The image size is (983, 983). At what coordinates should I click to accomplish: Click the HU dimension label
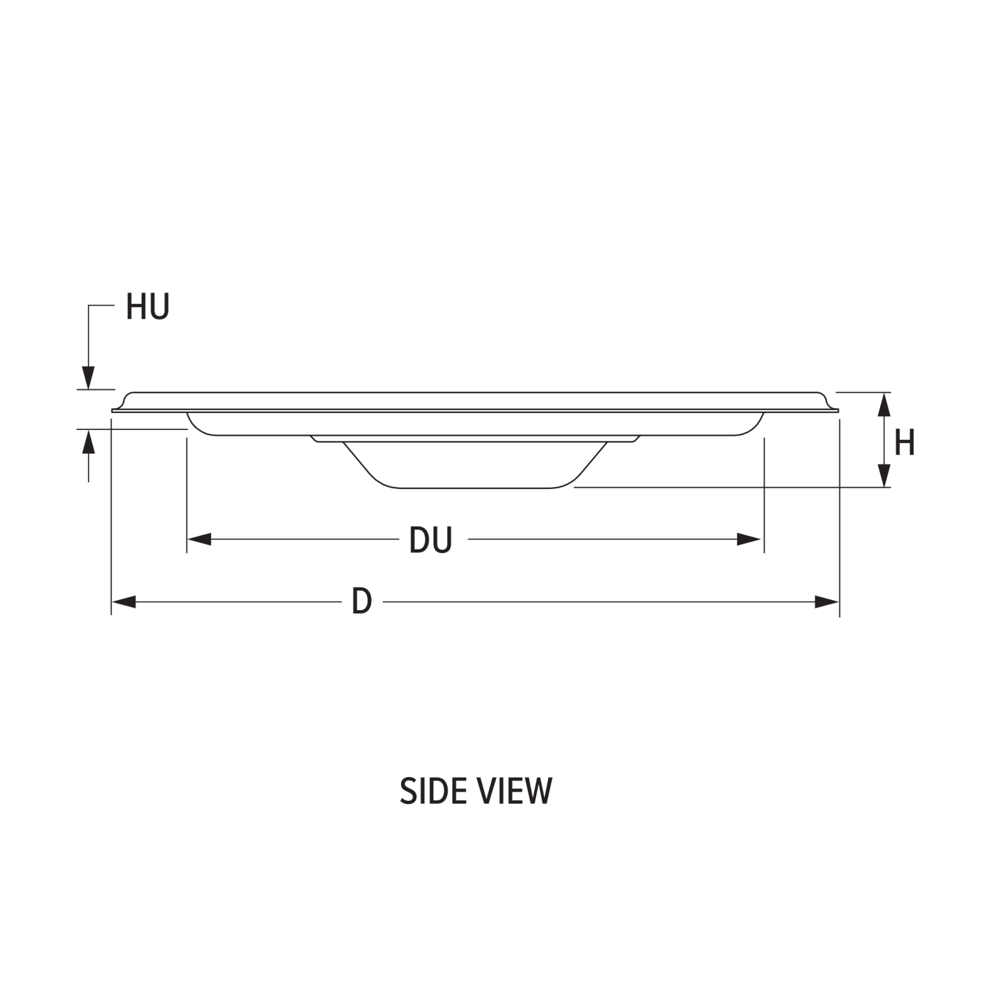(x=147, y=307)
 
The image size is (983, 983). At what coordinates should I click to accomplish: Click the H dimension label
(x=904, y=443)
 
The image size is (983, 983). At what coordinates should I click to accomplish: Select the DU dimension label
(x=431, y=540)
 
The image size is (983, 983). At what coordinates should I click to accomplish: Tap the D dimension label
(x=362, y=601)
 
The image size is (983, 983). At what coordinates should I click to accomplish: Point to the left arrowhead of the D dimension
(x=124, y=602)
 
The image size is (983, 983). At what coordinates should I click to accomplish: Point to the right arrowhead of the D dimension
(x=827, y=602)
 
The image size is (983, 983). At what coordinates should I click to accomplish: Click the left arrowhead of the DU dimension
(x=199, y=539)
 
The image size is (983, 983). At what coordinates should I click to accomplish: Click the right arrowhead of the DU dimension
(x=749, y=539)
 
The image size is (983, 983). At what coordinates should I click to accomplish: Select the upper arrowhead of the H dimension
(x=884, y=404)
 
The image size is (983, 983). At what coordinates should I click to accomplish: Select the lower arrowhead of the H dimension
(x=884, y=475)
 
